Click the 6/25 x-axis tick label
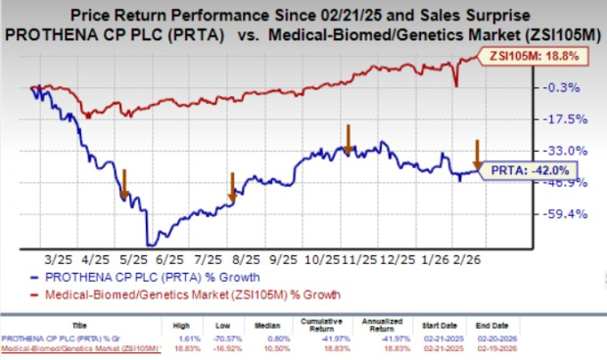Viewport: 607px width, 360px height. [169, 260]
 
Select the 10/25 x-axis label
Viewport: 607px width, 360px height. [319, 260]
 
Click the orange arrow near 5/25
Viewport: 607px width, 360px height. [125, 183]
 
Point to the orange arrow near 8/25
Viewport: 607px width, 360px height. [232, 186]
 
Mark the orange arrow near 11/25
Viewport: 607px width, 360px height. [348, 136]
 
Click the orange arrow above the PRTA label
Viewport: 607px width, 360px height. [478, 154]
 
